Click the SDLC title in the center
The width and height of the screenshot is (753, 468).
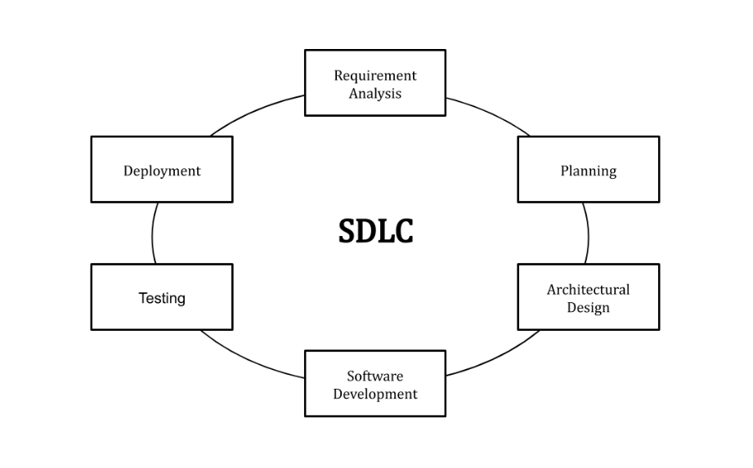[375, 231]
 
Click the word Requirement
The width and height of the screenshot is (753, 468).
[375, 75]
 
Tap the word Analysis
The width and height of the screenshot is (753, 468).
[375, 93]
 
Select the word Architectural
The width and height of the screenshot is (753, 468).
[588, 290]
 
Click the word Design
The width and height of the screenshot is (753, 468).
[588, 308]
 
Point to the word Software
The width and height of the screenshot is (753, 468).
[375, 376]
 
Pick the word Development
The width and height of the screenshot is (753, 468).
[375, 394]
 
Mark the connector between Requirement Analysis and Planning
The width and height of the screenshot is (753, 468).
[491, 113]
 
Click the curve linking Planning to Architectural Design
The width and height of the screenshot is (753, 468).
[587, 233]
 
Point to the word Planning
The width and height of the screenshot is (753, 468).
[588, 171]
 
